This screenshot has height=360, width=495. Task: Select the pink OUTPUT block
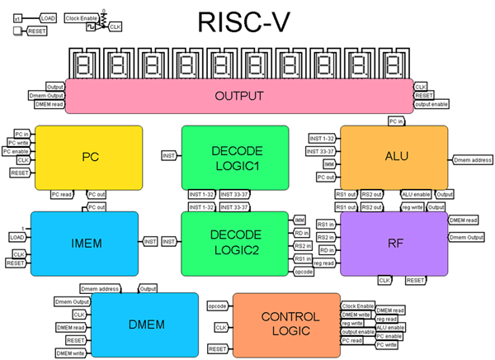click(238, 97)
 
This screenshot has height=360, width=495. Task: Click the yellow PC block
click(91, 156)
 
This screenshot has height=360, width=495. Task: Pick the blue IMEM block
click(85, 242)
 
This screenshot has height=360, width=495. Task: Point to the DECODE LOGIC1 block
click(235, 156)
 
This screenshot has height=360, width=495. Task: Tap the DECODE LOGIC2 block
click(235, 242)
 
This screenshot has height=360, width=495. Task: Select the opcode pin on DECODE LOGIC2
click(304, 270)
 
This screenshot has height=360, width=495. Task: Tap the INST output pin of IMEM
click(150, 241)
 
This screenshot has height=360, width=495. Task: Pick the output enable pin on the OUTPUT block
click(434, 104)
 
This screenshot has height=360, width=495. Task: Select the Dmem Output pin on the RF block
click(469, 238)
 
